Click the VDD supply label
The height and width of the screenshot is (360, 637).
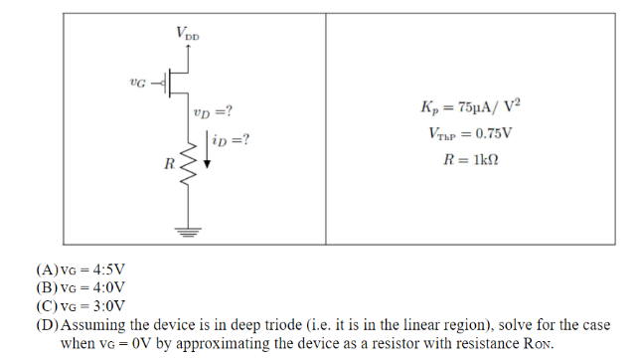188,34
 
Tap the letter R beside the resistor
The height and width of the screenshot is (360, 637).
170,161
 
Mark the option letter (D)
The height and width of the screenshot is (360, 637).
47,325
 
